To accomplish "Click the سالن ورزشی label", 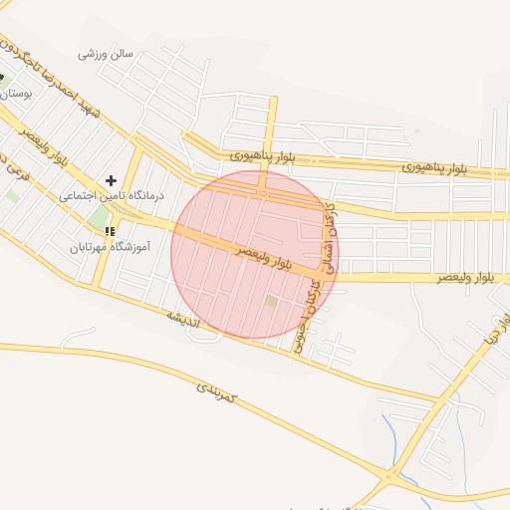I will pyautogui.click(x=106, y=51).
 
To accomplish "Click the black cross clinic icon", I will pyautogui.click(x=111, y=180).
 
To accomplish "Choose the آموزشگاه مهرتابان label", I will pyautogui.click(x=110, y=245).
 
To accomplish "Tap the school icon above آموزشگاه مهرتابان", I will pyautogui.click(x=110, y=231).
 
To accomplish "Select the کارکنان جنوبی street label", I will pyautogui.click(x=311, y=309).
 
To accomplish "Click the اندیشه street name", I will pyautogui.click(x=182, y=319).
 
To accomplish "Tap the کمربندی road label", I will pyautogui.click(x=215, y=390).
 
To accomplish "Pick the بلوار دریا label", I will pyautogui.click(x=492, y=329).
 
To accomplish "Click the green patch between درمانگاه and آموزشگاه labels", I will pyautogui.click(x=97, y=216).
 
